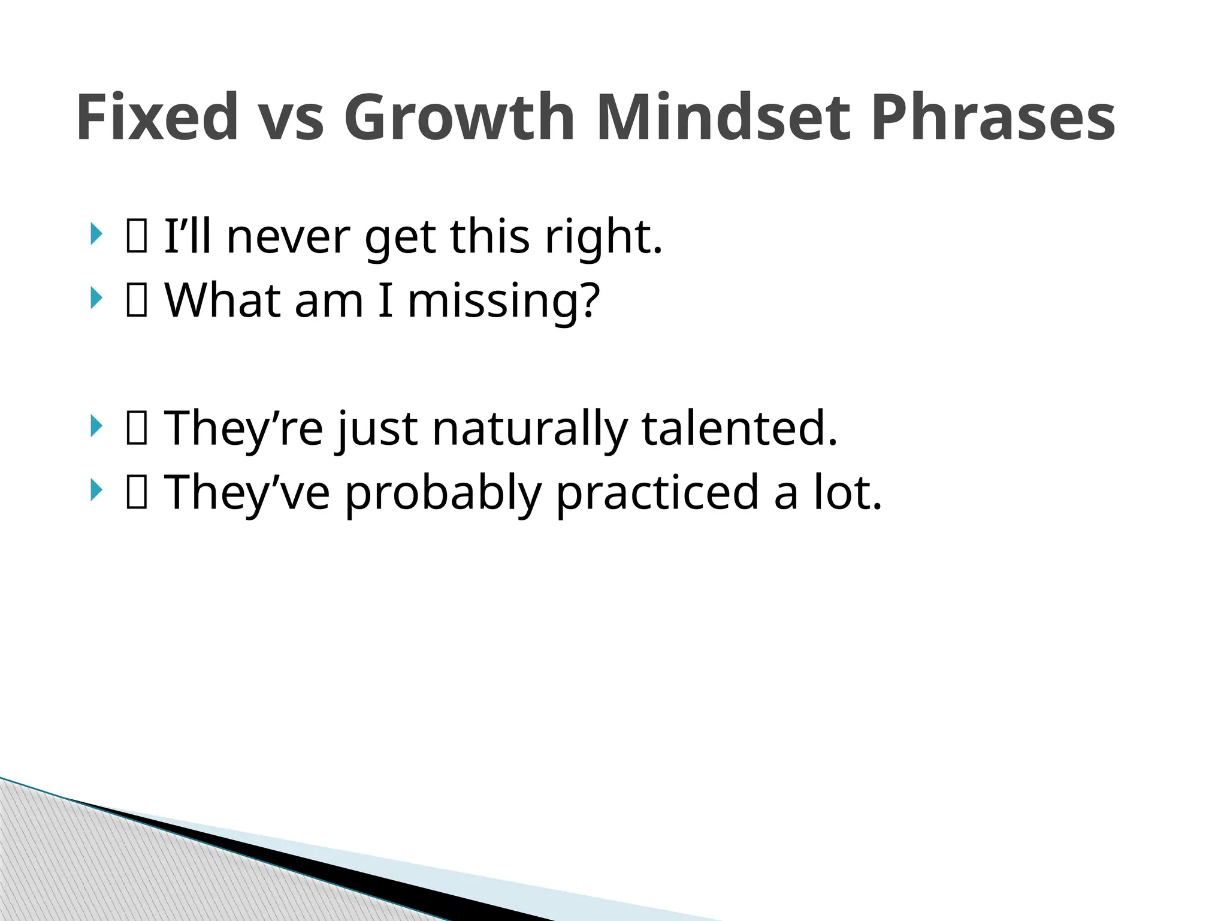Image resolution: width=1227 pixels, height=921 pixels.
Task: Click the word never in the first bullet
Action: pos(288,237)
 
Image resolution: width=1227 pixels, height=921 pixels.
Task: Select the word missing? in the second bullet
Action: pos(503,301)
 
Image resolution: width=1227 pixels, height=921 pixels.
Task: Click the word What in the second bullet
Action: pos(222,301)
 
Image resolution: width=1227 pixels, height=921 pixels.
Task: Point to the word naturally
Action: pos(530,429)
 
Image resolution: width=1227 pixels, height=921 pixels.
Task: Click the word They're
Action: pos(243,429)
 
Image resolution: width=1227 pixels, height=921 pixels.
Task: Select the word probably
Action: pos(443,493)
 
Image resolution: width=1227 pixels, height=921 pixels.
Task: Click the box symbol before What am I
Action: pos(137,302)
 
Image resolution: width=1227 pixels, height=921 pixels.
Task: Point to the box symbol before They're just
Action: pos(137,430)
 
